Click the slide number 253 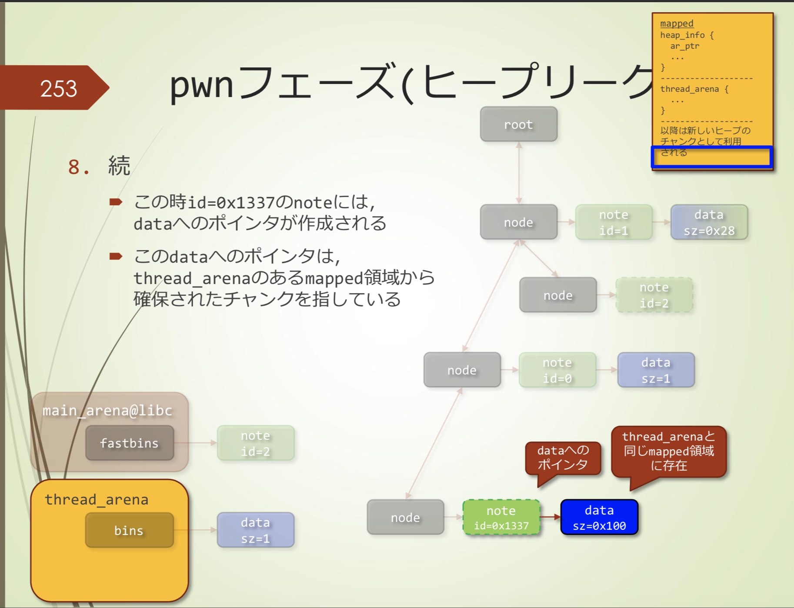click(59, 88)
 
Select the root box click(518, 124)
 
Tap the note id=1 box click(614, 222)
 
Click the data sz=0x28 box click(709, 222)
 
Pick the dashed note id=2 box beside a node click(654, 295)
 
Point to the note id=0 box click(557, 370)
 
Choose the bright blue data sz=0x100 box click(599, 517)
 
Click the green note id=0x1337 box click(501, 517)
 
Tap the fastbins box click(129, 443)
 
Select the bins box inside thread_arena click(129, 530)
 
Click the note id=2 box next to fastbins click(256, 443)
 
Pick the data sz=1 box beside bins click(256, 530)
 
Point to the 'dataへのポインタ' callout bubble click(563, 458)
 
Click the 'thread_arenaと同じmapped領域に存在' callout click(668, 451)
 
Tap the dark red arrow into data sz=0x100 click(550, 517)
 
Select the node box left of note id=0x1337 click(405, 517)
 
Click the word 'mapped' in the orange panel click(677, 23)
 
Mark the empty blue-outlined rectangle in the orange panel click(711, 157)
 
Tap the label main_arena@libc click(107, 410)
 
